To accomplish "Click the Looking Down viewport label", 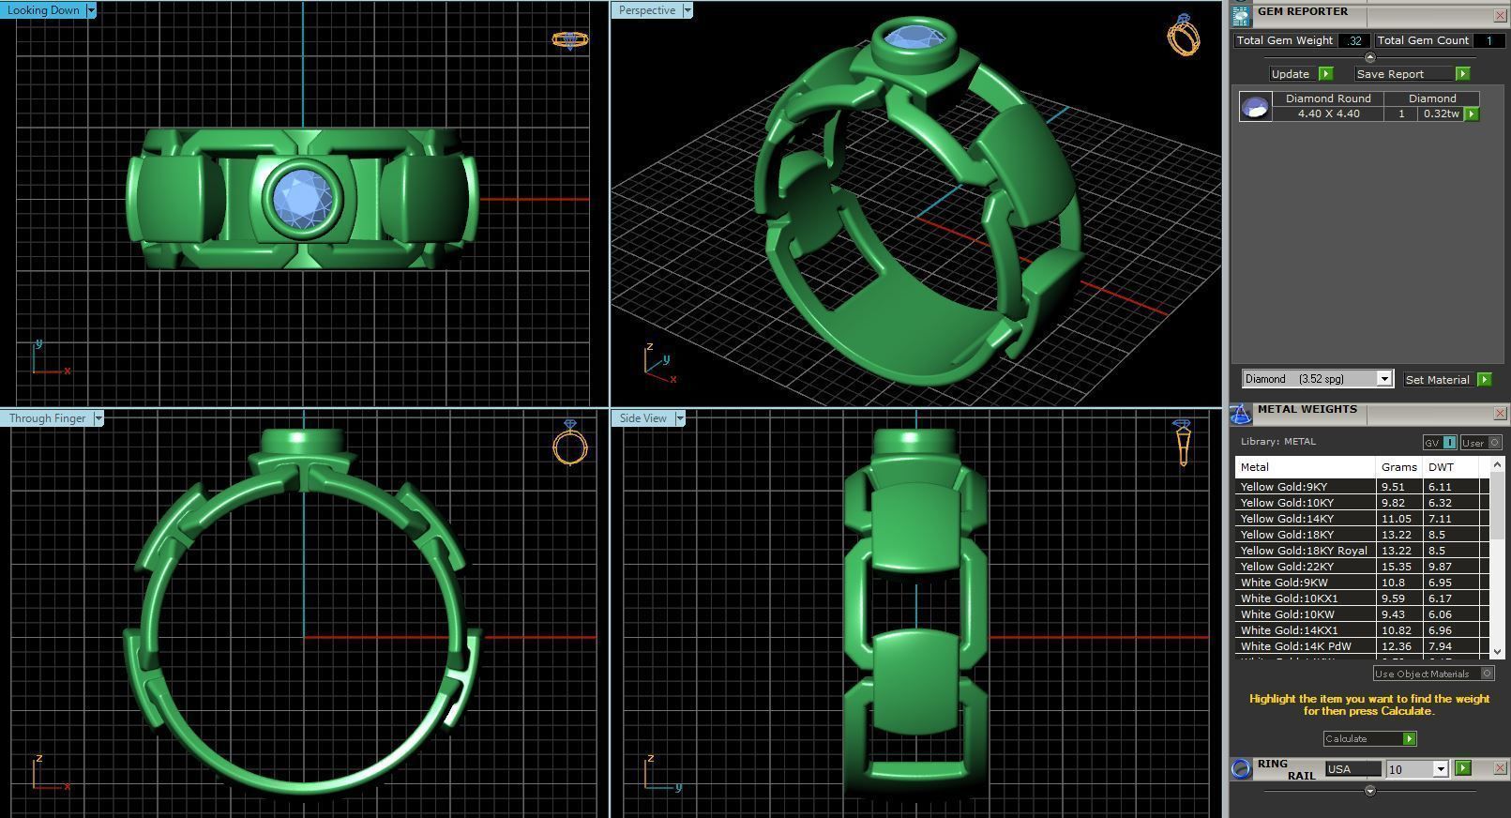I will [43, 10].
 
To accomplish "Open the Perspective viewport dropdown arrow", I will [688, 10].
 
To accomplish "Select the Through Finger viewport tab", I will [47, 418].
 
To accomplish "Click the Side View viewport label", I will [642, 418].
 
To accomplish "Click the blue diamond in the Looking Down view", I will [302, 198].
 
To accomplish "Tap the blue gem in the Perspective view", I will [914, 38].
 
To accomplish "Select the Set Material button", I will [1438, 380].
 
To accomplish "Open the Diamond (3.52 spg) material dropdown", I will [1383, 379].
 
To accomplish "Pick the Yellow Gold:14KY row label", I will [1286, 519].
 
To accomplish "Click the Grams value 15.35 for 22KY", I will [1394, 567].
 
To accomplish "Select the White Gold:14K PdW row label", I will [1295, 646].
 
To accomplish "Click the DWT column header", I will [1441, 467].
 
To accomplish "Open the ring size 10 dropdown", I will [1441, 769].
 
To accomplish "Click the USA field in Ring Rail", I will [1352, 769].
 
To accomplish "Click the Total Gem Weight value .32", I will [1353, 40].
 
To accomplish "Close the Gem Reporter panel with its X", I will [1500, 15].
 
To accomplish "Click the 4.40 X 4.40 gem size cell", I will [1328, 114].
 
